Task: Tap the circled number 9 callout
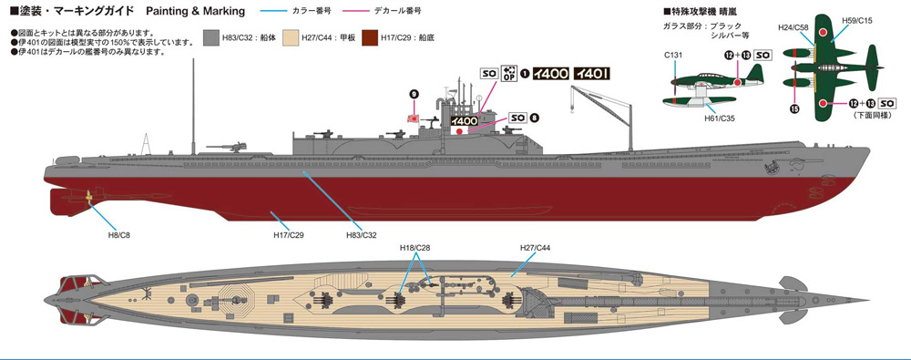click(x=414, y=94)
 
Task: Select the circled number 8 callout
click(x=535, y=118)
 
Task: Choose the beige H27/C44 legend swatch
click(x=291, y=37)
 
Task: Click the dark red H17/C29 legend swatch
click(x=371, y=37)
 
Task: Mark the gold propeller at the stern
click(x=88, y=197)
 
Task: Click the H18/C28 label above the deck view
click(x=414, y=248)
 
